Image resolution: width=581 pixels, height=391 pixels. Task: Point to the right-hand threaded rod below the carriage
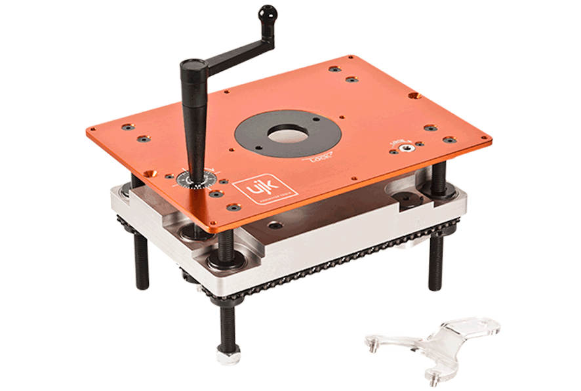coord(435,262)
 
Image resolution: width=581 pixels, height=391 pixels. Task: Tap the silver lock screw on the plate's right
coord(407,149)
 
